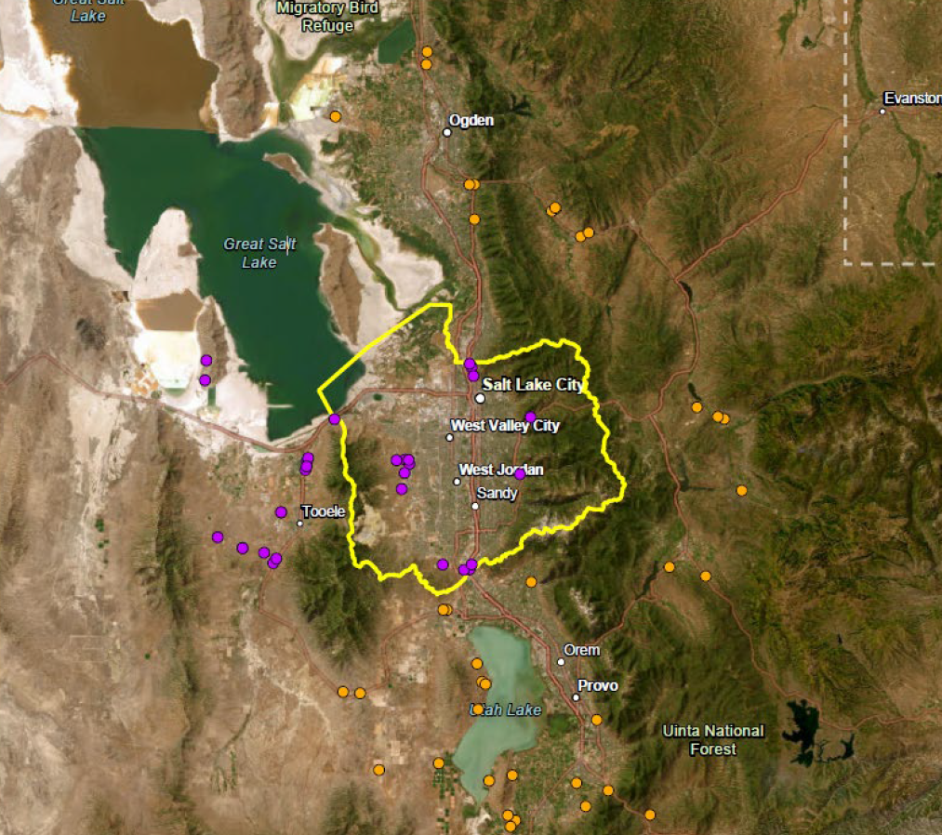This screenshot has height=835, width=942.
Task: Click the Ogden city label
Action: coord(471,121)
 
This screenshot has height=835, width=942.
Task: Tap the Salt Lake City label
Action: coord(532,385)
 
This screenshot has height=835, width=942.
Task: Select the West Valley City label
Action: coord(505,426)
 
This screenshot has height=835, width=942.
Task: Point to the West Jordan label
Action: coord(501,471)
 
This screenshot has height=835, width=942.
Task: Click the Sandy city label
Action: coord(497,494)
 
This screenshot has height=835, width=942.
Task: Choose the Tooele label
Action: coord(324,511)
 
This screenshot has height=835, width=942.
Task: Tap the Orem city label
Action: coord(581,650)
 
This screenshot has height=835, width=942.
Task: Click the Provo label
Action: coord(598,686)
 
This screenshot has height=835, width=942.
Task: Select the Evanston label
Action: coord(912,99)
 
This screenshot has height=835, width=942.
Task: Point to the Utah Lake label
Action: coord(507,710)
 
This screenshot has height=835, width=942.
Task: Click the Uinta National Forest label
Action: coord(713,740)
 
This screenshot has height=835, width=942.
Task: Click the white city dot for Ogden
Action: coord(447,132)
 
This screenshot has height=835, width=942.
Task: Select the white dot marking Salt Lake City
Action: coord(480,398)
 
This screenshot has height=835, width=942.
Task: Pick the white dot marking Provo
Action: coord(577,696)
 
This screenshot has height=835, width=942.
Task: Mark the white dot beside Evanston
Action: coord(882,112)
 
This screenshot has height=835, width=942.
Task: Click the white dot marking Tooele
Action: coord(300,524)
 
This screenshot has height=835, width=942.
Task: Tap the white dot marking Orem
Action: coord(561,662)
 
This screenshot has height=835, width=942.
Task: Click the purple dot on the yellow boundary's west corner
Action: coord(335,419)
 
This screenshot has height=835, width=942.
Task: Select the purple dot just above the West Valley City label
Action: coord(530,416)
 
